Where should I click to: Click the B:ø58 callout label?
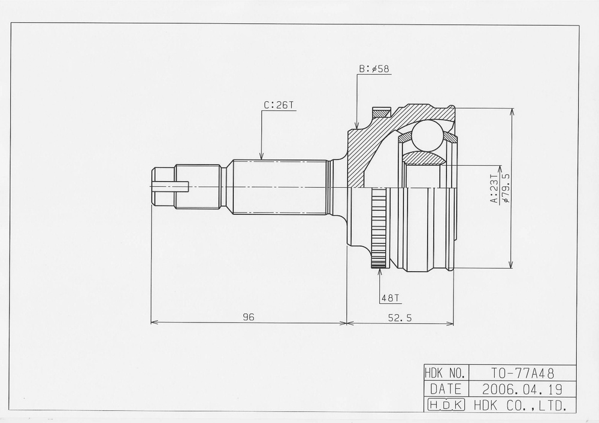[374, 69]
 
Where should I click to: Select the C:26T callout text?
[279, 105]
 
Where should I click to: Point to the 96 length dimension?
[249, 318]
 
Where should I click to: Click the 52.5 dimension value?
[400, 318]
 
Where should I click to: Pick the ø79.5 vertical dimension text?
[506, 188]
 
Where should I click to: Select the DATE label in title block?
[445, 389]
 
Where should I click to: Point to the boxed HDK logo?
[445, 406]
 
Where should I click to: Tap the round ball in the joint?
[426, 135]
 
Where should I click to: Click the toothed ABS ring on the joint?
[379, 227]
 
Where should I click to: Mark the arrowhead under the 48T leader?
[380, 272]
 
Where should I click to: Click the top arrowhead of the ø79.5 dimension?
[511, 111]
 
